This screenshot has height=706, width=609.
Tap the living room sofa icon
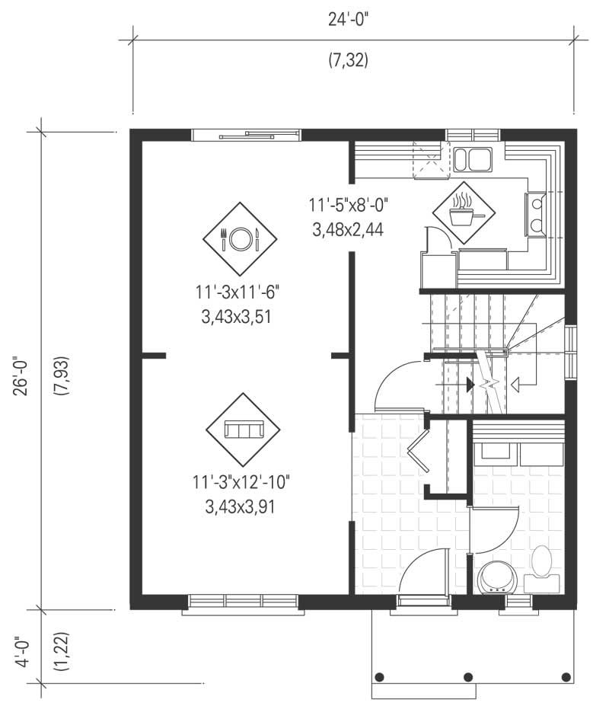pos(244,430)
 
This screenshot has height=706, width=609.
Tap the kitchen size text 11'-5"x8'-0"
pos(349,205)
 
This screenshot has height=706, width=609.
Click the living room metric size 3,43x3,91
pos(240,506)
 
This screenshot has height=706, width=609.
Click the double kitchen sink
pos(473,159)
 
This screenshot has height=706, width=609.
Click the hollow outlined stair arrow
pos(515,385)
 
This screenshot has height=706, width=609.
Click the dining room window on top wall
pos(246,136)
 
